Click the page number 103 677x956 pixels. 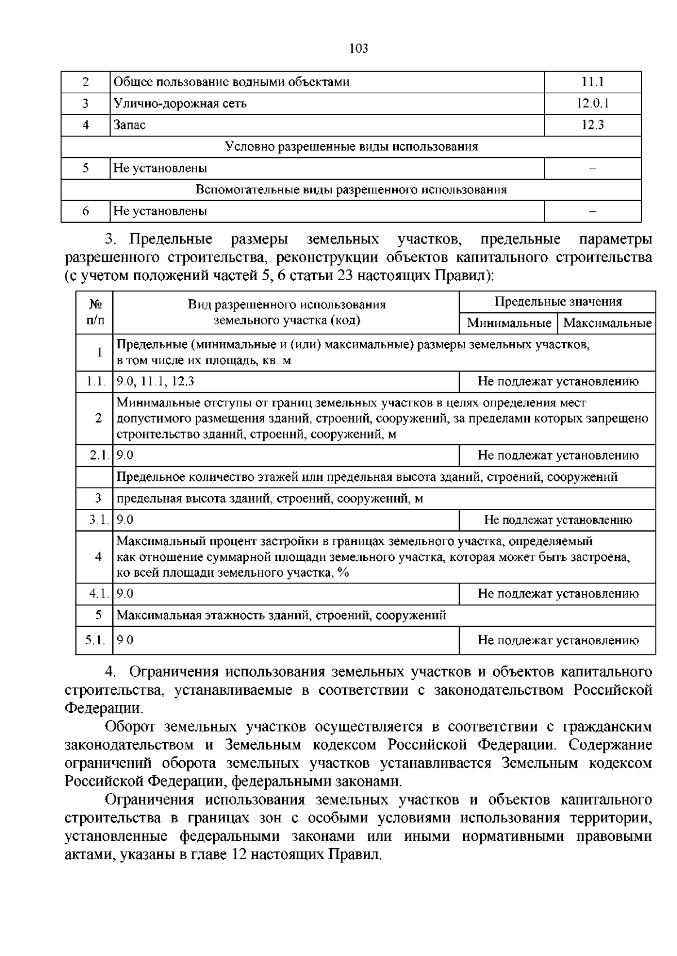pyautogui.click(x=358, y=48)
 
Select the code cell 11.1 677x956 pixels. pyautogui.click(x=592, y=82)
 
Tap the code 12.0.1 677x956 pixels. pyautogui.click(x=592, y=104)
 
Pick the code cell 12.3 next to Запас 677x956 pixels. pyautogui.click(x=592, y=125)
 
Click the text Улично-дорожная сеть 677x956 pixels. pyautogui.click(x=180, y=104)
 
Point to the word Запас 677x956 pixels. pyautogui.click(x=129, y=125)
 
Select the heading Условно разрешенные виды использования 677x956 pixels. pyautogui.click(x=351, y=147)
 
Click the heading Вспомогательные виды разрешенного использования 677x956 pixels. pyautogui.click(x=351, y=189)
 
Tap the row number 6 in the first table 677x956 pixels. pyautogui.click(x=85, y=211)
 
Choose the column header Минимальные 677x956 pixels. pyautogui.click(x=508, y=324)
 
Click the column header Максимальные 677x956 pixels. pyautogui.click(x=607, y=324)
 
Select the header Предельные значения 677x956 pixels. pyautogui.click(x=557, y=302)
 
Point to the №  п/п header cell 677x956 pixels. pyautogui.click(x=95, y=312)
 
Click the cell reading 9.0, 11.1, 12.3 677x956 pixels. pyautogui.click(x=155, y=382)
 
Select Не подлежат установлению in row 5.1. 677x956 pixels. pyautogui.click(x=557, y=640)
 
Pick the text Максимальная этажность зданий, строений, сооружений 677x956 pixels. pyautogui.click(x=281, y=616)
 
